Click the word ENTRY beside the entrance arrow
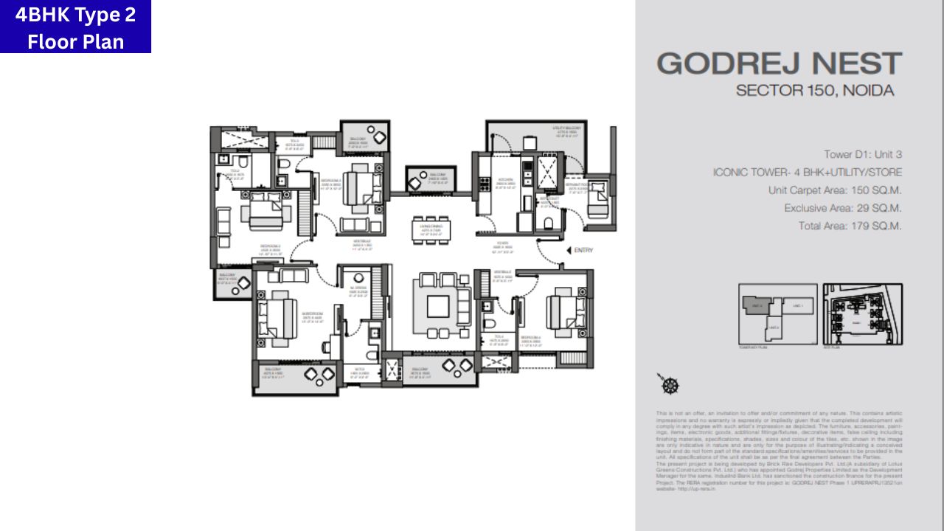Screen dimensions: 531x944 pos(583,251)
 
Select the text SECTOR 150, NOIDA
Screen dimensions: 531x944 pos(815,91)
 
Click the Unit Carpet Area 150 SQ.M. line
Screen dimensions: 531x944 pos(835,190)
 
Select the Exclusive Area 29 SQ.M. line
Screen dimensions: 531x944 pos(843,208)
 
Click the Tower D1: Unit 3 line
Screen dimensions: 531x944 pos(863,155)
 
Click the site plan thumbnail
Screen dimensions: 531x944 pos(862,314)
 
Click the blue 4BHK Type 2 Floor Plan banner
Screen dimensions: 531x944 pos(75,27)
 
